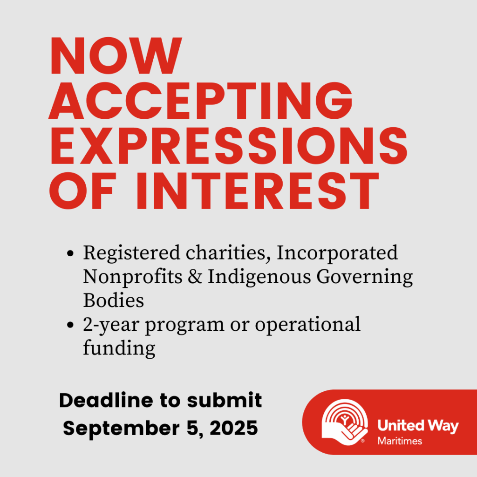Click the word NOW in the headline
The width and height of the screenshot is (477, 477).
point(116,55)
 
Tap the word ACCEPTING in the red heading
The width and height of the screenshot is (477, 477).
point(201,101)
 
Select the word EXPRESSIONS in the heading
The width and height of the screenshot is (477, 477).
point(228,146)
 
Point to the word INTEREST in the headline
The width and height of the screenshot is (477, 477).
point(258,191)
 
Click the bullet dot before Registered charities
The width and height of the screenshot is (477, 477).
point(70,253)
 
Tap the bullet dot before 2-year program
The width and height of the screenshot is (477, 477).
point(70,325)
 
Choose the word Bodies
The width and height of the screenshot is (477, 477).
point(114,300)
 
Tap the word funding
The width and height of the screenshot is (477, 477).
point(119,348)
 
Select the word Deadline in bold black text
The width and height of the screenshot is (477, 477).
point(106,400)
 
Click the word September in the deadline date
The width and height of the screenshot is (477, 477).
point(121,429)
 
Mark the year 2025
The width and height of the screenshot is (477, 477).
point(234,428)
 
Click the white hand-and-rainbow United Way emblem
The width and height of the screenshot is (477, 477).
point(345,422)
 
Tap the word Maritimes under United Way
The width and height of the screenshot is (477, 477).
point(400,441)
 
